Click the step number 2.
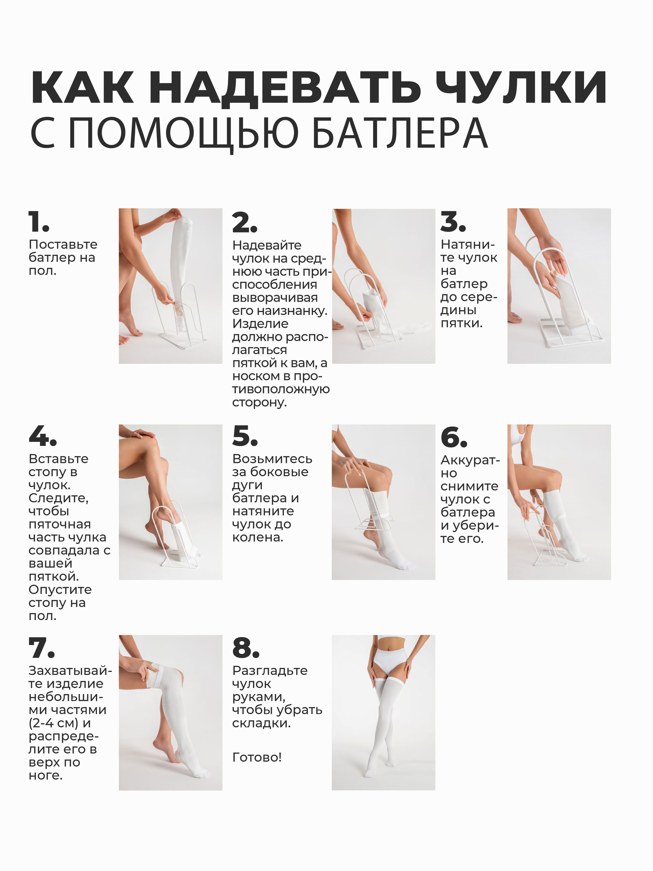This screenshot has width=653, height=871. [x=244, y=222]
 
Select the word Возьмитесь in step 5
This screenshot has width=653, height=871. [x=272, y=459]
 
